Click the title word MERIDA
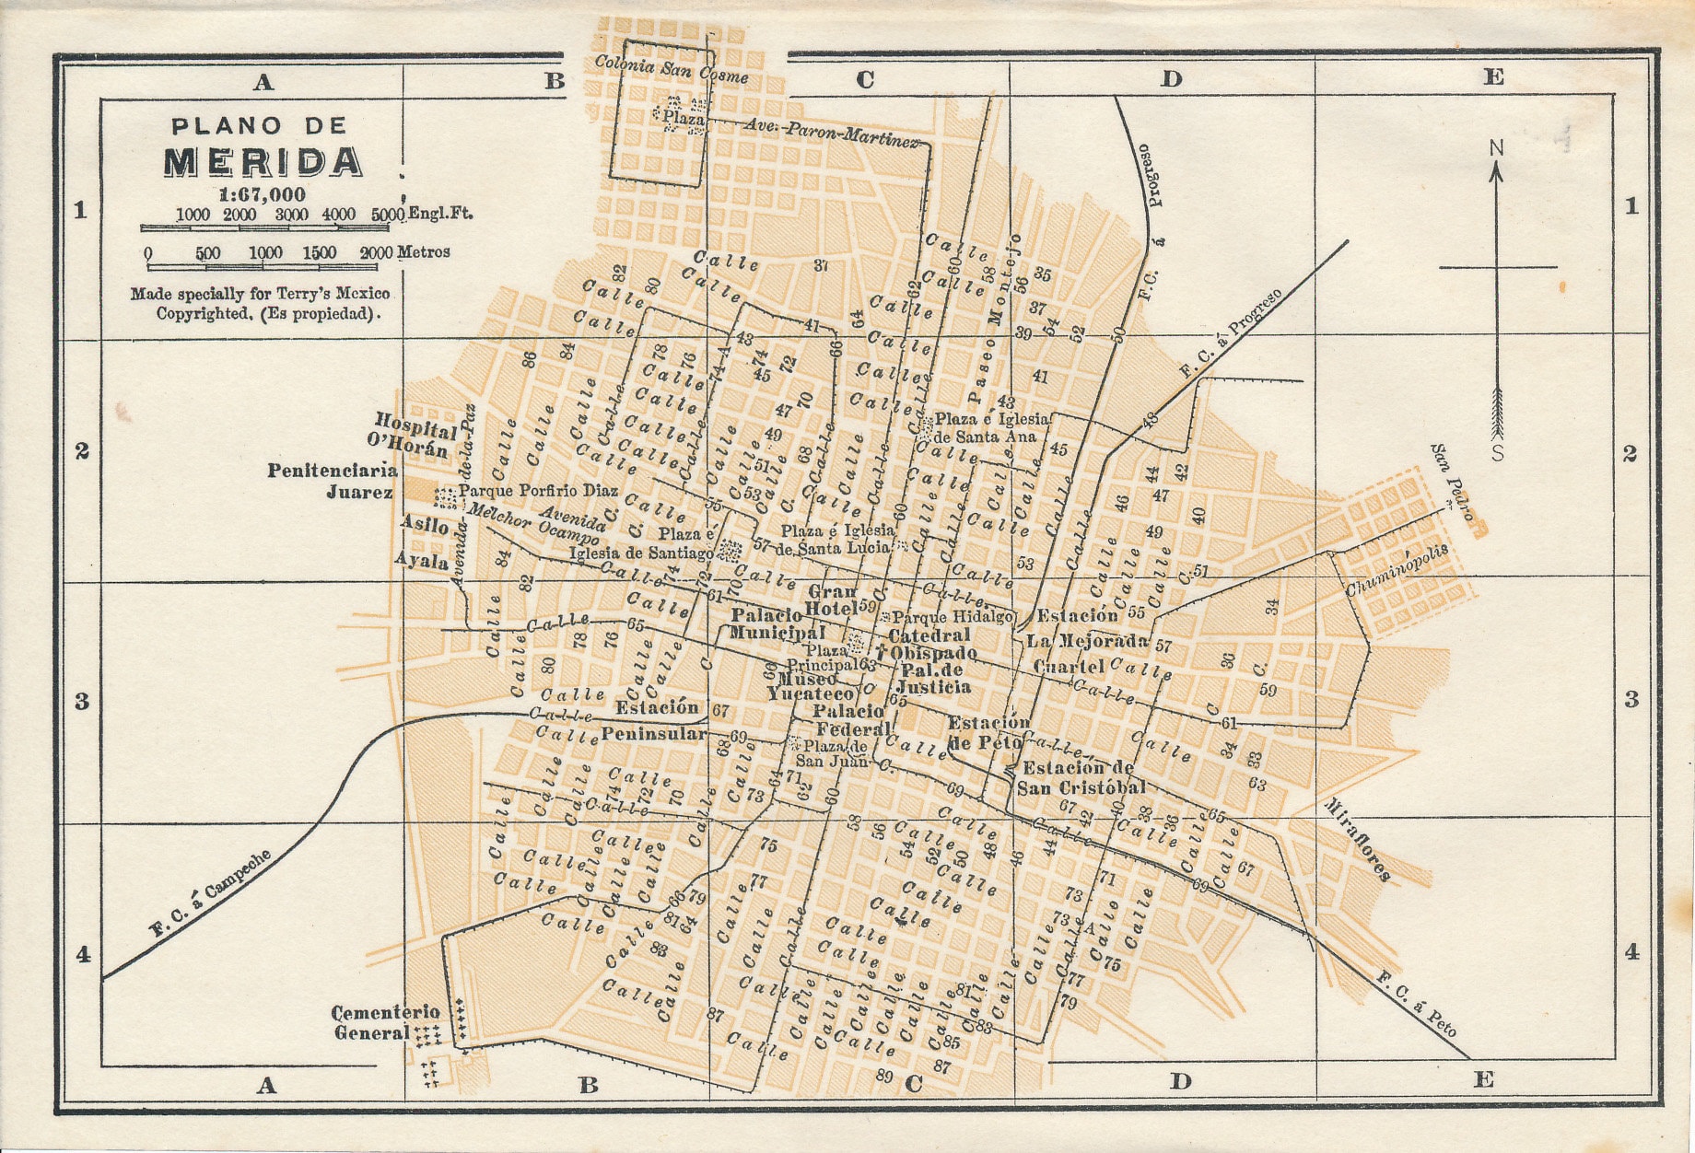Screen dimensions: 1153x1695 (x=263, y=162)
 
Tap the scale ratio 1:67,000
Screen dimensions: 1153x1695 (x=262, y=194)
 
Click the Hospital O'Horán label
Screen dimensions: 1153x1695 (x=414, y=434)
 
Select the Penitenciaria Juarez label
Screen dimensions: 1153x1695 (x=333, y=481)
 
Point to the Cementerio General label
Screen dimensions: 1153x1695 (x=386, y=1022)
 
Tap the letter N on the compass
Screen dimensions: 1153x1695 (x=1496, y=148)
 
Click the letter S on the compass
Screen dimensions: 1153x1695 (x=1498, y=453)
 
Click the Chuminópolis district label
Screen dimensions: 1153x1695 (x=1397, y=570)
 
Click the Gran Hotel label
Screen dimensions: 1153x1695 (x=832, y=600)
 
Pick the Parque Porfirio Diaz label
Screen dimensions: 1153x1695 (x=539, y=491)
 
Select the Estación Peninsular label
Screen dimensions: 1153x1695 (x=656, y=720)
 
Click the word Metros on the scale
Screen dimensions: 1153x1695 (x=424, y=251)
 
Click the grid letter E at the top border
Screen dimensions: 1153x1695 (x=1493, y=77)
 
